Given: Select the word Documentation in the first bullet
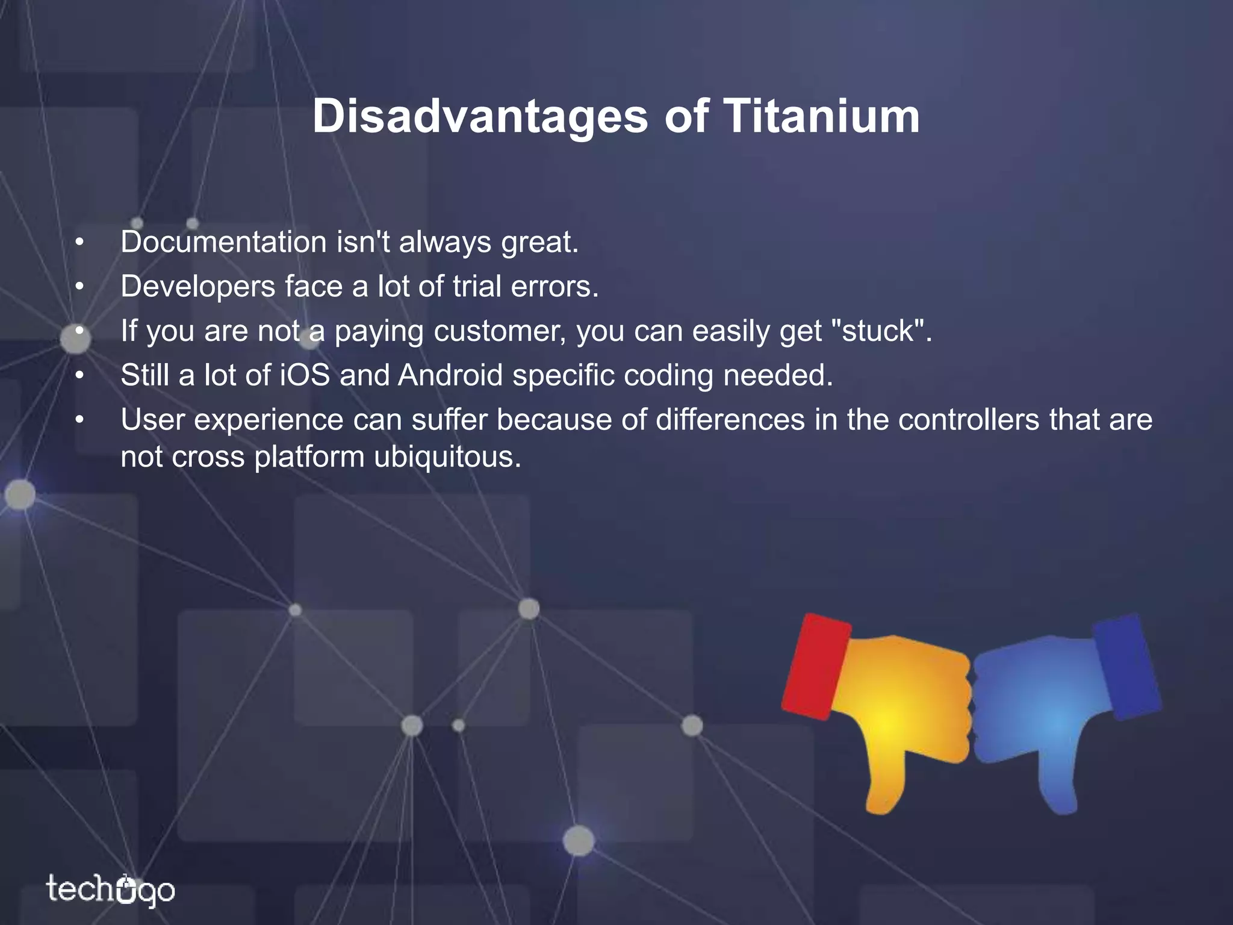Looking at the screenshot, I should pyautogui.click(x=223, y=242).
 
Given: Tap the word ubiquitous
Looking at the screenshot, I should pyautogui.click(x=447, y=457).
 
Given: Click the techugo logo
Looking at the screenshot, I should pyautogui.click(x=110, y=890).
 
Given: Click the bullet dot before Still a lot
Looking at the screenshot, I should pyautogui.click(x=78, y=376).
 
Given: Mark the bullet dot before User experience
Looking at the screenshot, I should pyautogui.click(x=78, y=420).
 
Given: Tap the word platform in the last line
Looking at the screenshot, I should pyautogui.click(x=309, y=457).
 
